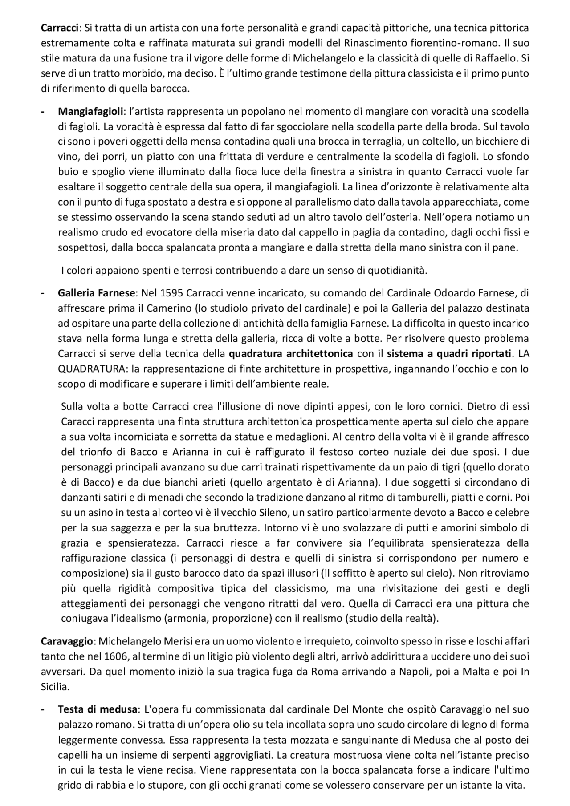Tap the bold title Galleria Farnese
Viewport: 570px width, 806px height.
click(96, 293)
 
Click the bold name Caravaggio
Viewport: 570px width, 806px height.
click(67, 641)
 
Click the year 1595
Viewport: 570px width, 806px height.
click(171, 293)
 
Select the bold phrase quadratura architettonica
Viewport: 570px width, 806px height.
click(291, 354)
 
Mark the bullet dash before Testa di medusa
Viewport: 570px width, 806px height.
click(43, 709)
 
